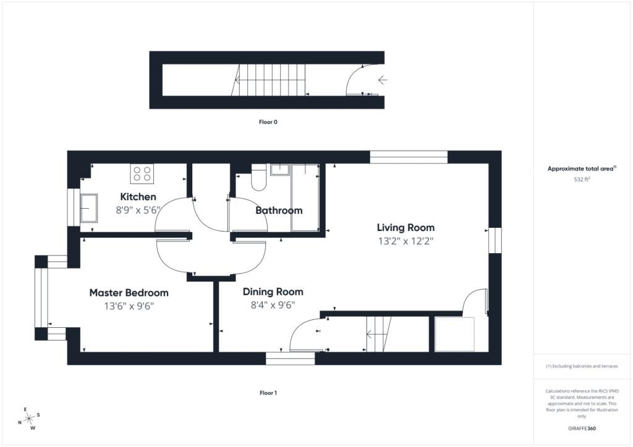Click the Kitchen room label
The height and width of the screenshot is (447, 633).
[x=138, y=197]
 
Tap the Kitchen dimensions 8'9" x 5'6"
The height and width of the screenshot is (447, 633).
[x=138, y=210]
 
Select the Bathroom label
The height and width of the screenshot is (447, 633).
[x=279, y=211]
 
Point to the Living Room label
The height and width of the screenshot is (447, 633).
[x=406, y=228]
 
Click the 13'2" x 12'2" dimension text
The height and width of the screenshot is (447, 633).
[x=406, y=241]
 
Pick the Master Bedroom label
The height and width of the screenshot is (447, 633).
[x=129, y=293]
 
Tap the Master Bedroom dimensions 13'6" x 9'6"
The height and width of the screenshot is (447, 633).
[x=129, y=306]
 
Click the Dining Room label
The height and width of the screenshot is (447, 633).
[x=273, y=292]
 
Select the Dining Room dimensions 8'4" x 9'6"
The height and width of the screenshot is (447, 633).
[x=273, y=305]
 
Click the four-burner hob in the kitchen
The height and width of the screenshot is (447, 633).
[x=142, y=173]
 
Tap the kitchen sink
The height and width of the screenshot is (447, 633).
[x=89, y=209]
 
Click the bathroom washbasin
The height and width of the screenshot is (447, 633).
[x=280, y=170]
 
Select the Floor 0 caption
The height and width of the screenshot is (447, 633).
[x=268, y=122]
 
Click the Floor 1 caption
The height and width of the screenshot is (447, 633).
[x=268, y=393]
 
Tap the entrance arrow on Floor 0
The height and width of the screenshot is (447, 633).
[x=382, y=80]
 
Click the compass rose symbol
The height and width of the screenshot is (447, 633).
[x=29, y=419]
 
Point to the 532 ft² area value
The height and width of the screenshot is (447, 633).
[x=582, y=180]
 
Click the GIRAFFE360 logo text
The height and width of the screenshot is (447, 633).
[x=582, y=428]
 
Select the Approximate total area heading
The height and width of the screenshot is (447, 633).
[x=582, y=169]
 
